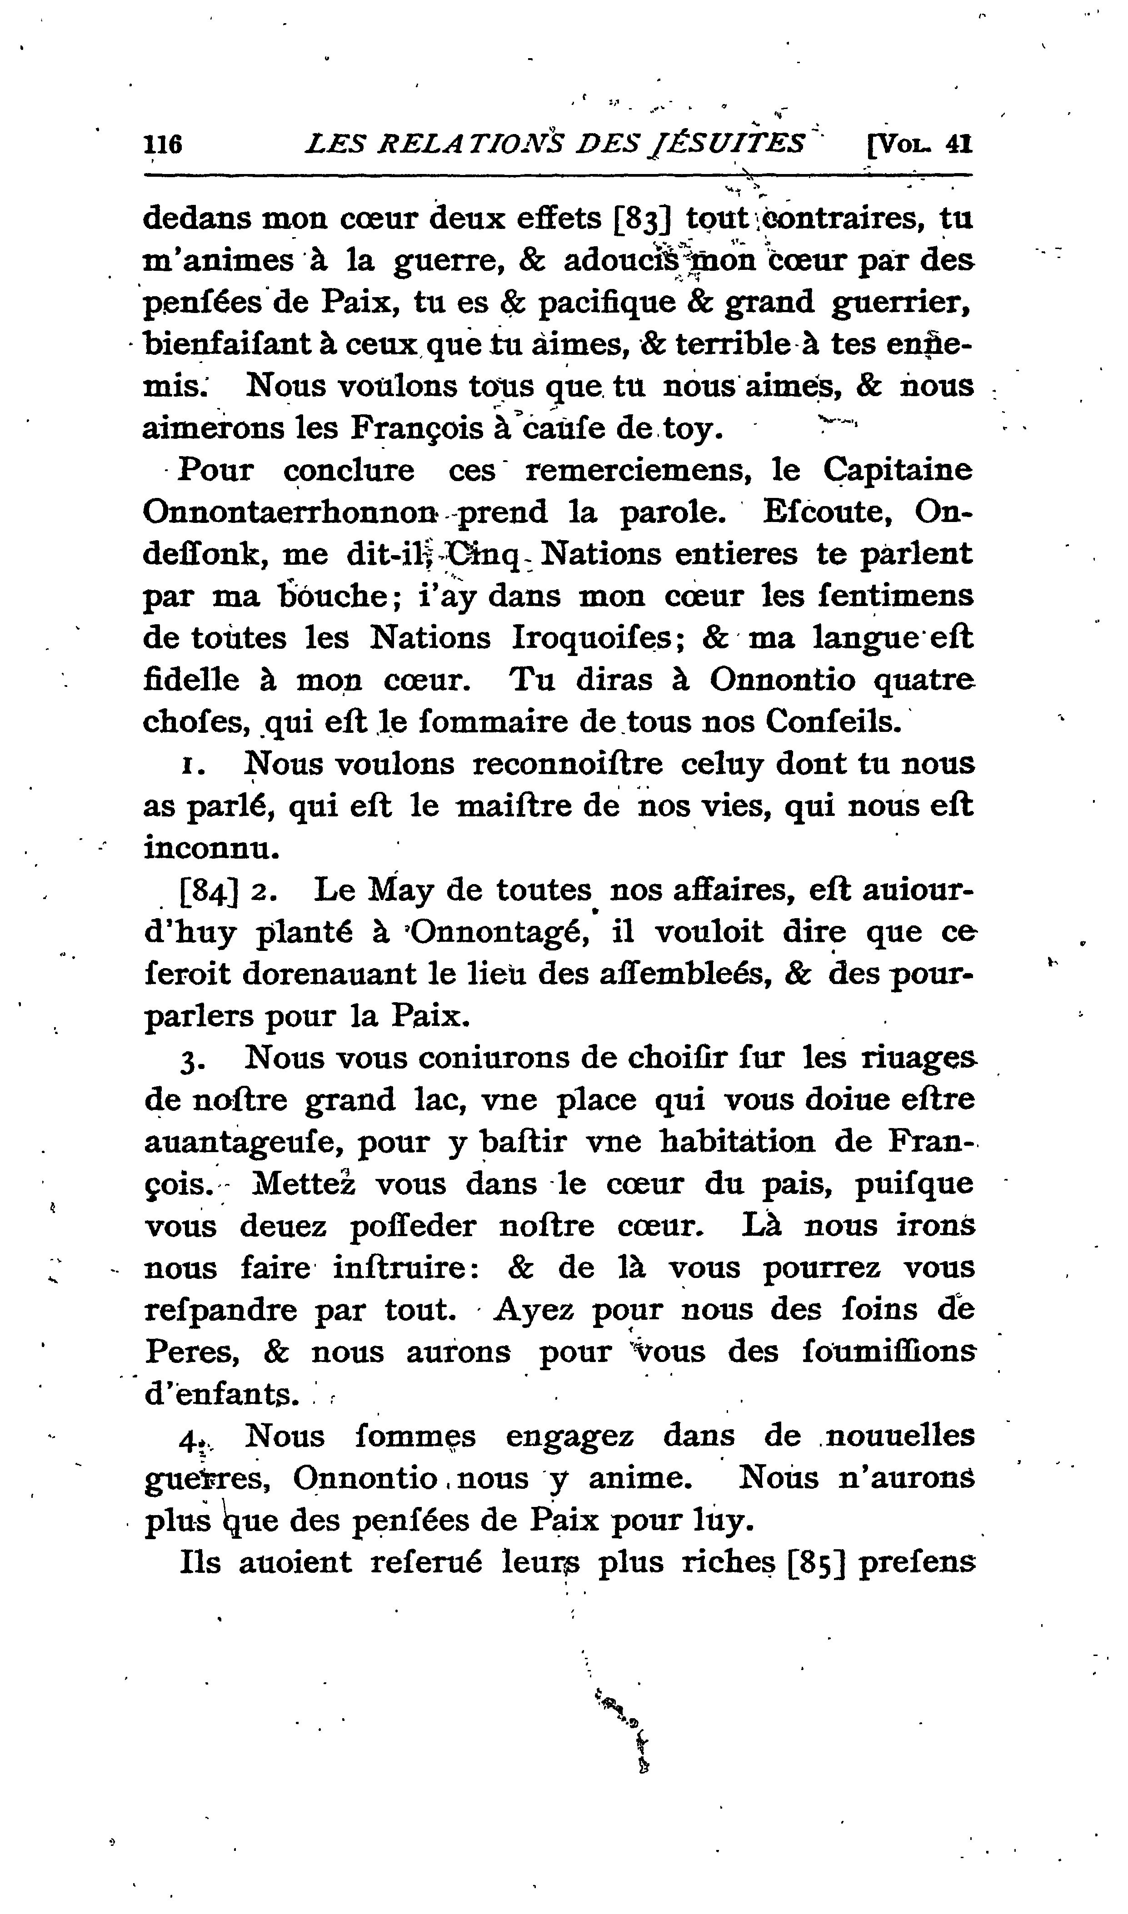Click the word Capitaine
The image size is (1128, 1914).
[x=898, y=470]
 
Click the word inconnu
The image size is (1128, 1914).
[x=212, y=848]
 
